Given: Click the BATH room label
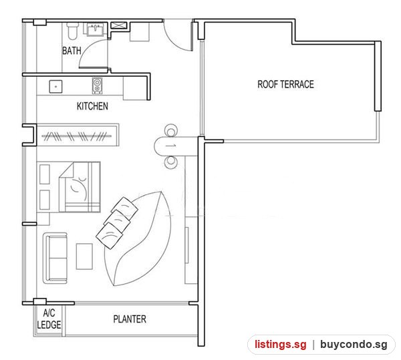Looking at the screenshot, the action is pyautogui.click(x=72, y=51).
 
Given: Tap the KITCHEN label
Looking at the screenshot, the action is pyautogui.click(x=92, y=106).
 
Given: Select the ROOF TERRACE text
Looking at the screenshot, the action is pyautogui.click(x=285, y=84).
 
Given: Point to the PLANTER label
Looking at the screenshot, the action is pyautogui.click(x=130, y=319).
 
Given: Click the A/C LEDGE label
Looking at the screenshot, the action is pyautogui.click(x=49, y=319).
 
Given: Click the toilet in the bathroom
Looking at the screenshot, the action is pyautogui.click(x=72, y=31).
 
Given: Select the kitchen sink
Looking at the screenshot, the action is pyautogui.click(x=55, y=86).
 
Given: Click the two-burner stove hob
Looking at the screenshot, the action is pyautogui.click(x=97, y=85).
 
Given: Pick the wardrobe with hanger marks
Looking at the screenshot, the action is pyautogui.click(x=78, y=135).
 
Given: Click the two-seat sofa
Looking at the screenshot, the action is pyautogui.click(x=55, y=258).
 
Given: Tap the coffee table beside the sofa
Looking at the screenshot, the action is pyautogui.click(x=84, y=256).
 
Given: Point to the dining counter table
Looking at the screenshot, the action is pyautogui.click(x=176, y=146).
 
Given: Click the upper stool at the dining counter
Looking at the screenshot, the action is pyautogui.click(x=171, y=130).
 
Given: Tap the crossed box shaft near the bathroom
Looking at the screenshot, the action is pyautogui.click(x=119, y=25).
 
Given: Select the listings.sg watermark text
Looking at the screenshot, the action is pyautogui.click(x=280, y=345).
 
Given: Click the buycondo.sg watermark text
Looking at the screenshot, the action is pyautogui.click(x=354, y=345).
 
